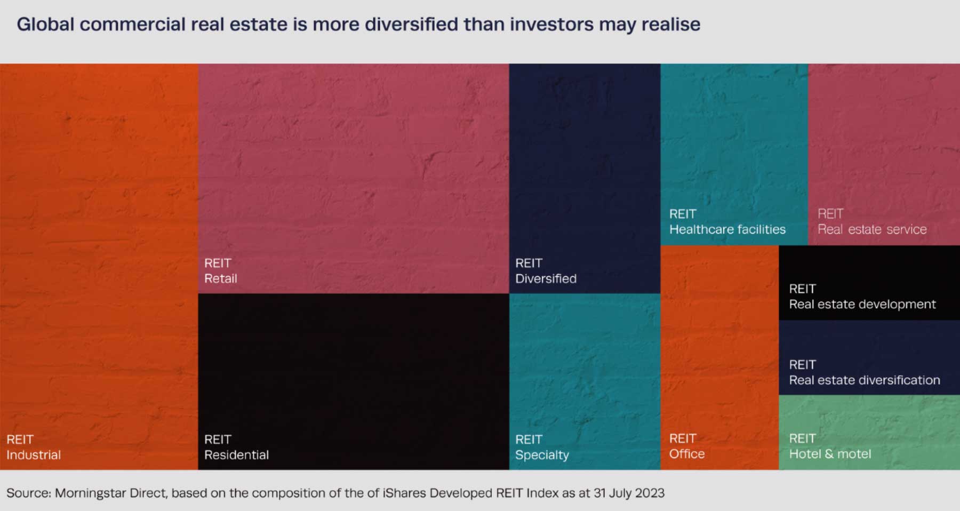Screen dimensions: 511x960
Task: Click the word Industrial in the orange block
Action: tap(34, 455)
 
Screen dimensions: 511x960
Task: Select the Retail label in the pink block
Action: tap(221, 278)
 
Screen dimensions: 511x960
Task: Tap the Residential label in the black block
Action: tap(236, 455)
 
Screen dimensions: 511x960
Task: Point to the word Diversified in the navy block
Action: tap(546, 278)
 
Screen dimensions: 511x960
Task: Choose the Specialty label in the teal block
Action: tap(542, 455)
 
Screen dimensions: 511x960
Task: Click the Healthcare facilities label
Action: tap(727, 229)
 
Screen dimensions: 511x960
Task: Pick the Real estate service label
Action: tap(872, 229)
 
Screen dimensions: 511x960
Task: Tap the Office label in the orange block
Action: tap(687, 454)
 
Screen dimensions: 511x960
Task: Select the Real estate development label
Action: tap(862, 304)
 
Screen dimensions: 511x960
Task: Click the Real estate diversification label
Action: tap(864, 380)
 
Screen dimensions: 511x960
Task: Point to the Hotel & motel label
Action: tap(830, 454)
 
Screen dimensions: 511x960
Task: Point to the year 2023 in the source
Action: tap(650, 493)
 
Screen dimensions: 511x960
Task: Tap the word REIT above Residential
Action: tap(218, 440)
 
